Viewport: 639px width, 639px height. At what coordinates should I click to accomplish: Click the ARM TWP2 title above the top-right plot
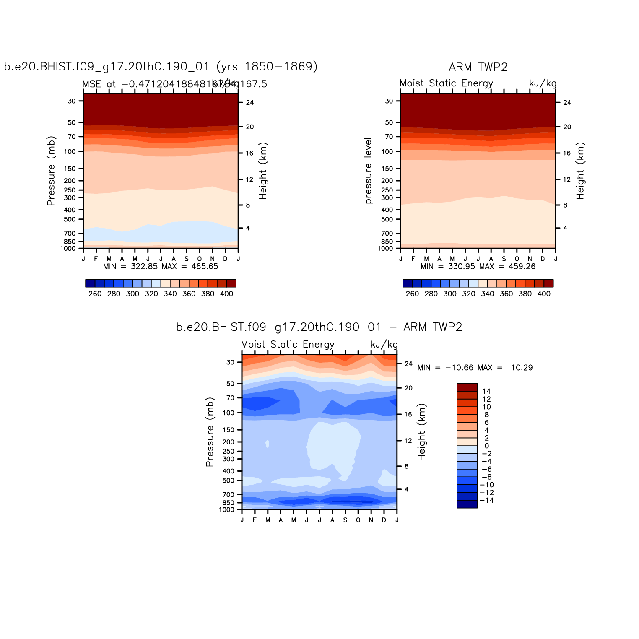pyautogui.click(x=478, y=67)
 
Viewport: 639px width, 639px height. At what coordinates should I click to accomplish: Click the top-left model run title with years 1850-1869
pyautogui.click(x=161, y=67)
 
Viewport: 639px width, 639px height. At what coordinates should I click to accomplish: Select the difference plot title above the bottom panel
pyautogui.click(x=319, y=327)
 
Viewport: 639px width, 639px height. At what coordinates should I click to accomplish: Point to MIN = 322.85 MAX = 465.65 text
pyautogui.click(x=161, y=266)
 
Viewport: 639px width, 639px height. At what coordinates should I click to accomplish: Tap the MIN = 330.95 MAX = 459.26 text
pyautogui.click(x=478, y=266)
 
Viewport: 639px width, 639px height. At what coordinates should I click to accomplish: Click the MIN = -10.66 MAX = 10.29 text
pyautogui.click(x=475, y=368)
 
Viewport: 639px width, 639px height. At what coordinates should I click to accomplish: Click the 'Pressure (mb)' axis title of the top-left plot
pyautogui.click(x=51, y=171)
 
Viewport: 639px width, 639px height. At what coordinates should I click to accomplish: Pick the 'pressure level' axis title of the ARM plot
pyautogui.click(x=369, y=171)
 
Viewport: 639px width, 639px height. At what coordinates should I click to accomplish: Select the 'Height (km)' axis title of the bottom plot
pyautogui.click(x=421, y=432)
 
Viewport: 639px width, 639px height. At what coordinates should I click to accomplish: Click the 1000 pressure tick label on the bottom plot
pyautogui.click(x=227, y=510)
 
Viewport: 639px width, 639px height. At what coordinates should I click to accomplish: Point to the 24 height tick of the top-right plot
pyautogui.click(x=567, y=103)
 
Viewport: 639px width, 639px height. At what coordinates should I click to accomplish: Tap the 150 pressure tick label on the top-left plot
pyautogui.click(x=71, y=169)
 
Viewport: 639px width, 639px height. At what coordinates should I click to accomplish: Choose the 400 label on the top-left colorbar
pyautogui.click(x=226, y=294)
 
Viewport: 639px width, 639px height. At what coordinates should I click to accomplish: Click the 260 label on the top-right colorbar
pyautogui.click(x=412, y=294)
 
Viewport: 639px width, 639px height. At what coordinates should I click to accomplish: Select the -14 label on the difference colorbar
pyautogui.click(x=486, y=501)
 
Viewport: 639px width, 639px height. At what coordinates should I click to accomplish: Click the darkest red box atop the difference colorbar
pyautogui.click(x=467, y=387)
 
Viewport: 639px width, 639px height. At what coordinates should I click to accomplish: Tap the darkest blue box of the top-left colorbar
pyautogui.click(x=90, y=283)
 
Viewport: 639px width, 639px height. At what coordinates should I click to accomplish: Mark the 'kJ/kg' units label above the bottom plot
pyautogui.click(x=384, y=345)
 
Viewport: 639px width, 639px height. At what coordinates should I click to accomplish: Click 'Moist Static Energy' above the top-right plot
pyautogui.click(x=446, y=83)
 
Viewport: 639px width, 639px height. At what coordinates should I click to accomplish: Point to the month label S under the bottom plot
pyautogui.click(x=345, y=520)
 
